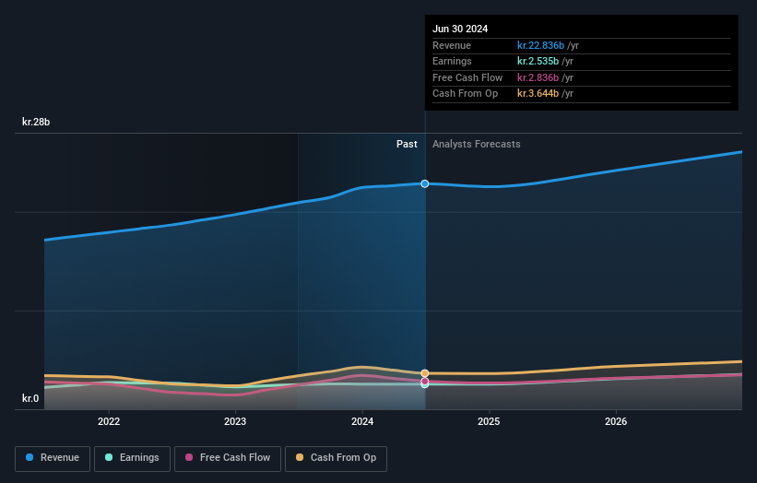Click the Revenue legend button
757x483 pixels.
point(53,458)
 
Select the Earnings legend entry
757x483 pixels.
point(132,458)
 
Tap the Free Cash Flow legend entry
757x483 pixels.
point(227,458)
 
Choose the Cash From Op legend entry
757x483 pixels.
point(336,458)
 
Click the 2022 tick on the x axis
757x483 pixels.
point(109,421)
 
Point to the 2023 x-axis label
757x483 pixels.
point(235,421)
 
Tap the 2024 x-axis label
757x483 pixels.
point(362,421)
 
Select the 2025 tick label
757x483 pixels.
point(489,421)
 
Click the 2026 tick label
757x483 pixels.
point(616,421)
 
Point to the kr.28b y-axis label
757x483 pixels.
point(37,122)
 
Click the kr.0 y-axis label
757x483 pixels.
point(31,399)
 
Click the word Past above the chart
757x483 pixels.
point(407,145)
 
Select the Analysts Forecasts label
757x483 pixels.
point(476,145)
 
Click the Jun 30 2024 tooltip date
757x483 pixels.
point(460,29)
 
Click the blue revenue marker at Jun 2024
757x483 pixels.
point(425,183)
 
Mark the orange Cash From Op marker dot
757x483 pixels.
point(425,373)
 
